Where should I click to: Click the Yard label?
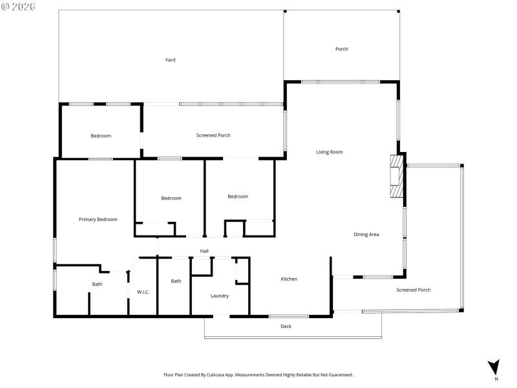tap(170, 59)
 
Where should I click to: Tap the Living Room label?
tap(329, 152)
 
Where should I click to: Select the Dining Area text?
tap(366, 234)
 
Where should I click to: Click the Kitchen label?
tap(289, 279)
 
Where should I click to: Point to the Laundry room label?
tap(220, 296)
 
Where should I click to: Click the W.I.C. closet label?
tap(143, 292)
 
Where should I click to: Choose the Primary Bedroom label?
tap(98, 219)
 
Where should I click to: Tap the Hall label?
tap(204, 251)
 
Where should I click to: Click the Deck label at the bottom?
tap(286, 326)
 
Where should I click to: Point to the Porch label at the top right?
tap(341, 49)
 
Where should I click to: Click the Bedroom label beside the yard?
tap(101, 136)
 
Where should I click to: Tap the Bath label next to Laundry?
tap(176, 281)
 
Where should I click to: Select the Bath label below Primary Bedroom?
tap(97, 284)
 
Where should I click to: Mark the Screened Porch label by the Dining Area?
tap(413, 290)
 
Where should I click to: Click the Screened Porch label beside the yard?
tap(213, 135)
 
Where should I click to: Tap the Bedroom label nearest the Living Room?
tap(237, 197)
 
